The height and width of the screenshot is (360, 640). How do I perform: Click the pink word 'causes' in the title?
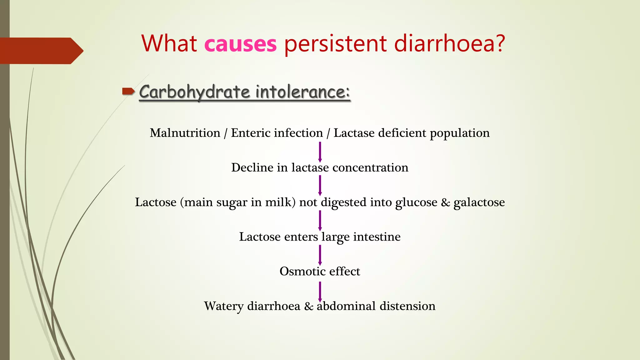pos(240,44)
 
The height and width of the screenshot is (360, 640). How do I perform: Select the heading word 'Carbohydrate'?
pos(194,92)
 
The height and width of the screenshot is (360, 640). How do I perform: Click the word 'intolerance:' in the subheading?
pos(302,92)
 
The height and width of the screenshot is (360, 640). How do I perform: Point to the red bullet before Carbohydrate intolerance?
pos(128,92)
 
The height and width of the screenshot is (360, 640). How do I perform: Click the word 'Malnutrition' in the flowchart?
pos(185,133)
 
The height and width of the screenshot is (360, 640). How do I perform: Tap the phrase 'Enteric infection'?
pos(277,133)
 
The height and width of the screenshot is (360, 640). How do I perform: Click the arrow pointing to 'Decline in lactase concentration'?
pos(320,152)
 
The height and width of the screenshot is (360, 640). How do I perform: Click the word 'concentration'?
pos(370,168)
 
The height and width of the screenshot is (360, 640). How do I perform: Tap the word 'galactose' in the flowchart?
pos(479,202)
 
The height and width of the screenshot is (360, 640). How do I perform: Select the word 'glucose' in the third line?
pos(416,202)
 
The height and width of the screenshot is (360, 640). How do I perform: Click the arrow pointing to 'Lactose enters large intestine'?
pos(320,220)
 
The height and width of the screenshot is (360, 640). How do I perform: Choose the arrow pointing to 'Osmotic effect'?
pos(320,255)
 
